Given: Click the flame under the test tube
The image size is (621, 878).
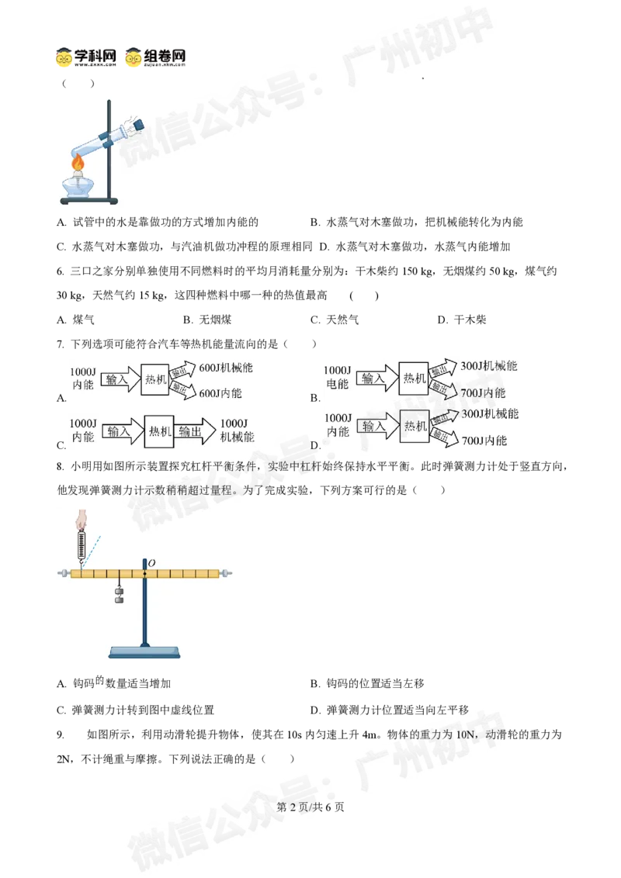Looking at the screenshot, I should [x=78, y=164].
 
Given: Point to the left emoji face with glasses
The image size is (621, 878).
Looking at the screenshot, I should [x=64, y=59].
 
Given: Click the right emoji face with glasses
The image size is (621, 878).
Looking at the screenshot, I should [x=134, y=58].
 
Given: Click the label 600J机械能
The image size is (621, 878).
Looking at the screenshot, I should [x=226, y=368].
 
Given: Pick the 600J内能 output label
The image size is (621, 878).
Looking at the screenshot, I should [x=220, y=393].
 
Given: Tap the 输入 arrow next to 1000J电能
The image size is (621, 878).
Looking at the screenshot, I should [x=374, y=379].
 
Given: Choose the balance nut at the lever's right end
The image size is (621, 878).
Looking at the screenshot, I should [x=226, y=574].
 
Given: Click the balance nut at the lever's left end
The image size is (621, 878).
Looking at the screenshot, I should [x=61, y=574].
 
